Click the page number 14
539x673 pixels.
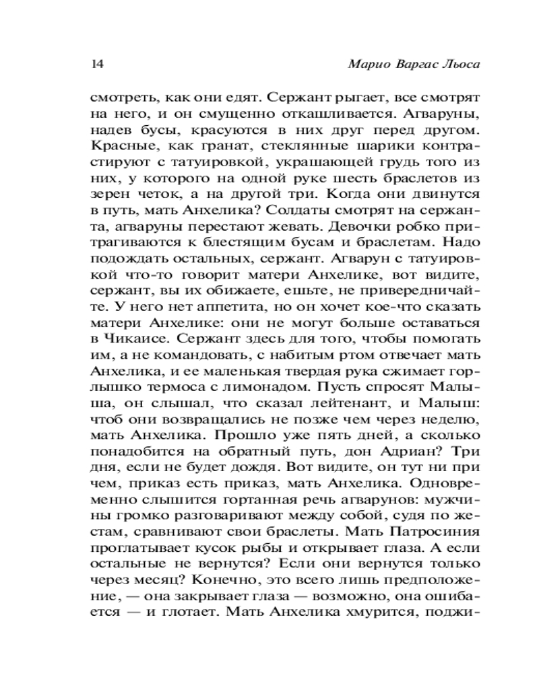coord(95,65)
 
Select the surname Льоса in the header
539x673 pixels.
coord(465,65)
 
